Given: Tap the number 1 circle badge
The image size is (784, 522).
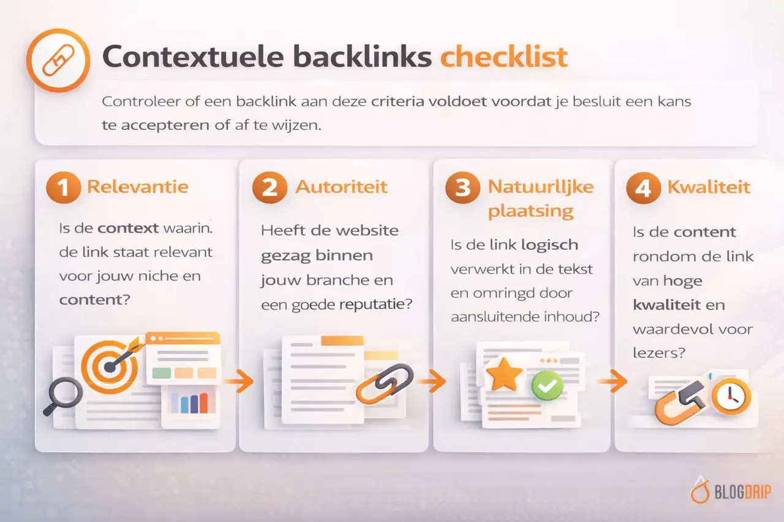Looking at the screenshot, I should tap(62, 187).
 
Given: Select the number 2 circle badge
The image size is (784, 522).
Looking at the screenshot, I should tap(269, 187).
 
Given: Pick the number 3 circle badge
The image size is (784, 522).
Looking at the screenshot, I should tap(463, 188).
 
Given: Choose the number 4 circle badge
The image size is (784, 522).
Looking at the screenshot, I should tap(643, 188).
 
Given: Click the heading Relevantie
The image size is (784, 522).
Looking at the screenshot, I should tap(138, 186).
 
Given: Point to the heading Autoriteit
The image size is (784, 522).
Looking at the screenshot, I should tap(341, 186).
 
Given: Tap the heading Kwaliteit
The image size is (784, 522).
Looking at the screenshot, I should tap(709, 186).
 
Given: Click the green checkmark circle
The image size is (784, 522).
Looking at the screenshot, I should tap(547, 385).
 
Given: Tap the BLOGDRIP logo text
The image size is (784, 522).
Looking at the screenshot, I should tap(742, 491).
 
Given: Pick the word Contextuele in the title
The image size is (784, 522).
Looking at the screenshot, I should tap(193, 58).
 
